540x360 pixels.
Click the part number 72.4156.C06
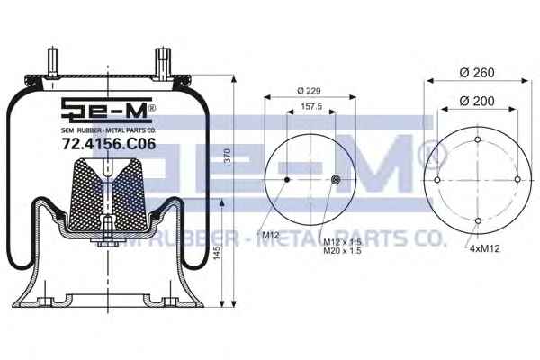tap(109, 144)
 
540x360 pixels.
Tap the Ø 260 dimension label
tap(477, 73)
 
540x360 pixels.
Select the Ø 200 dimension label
tap(477, 102)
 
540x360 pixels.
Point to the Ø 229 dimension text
tap(309, 91)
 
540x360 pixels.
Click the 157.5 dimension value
tap(311, 106)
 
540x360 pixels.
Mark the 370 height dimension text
tap(227, 156)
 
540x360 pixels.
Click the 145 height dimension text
tap(216, 253)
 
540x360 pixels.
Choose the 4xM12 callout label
tap(484, 248)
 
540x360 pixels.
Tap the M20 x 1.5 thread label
tap(342, 251)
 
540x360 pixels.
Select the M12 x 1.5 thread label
tap(342, 242)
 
